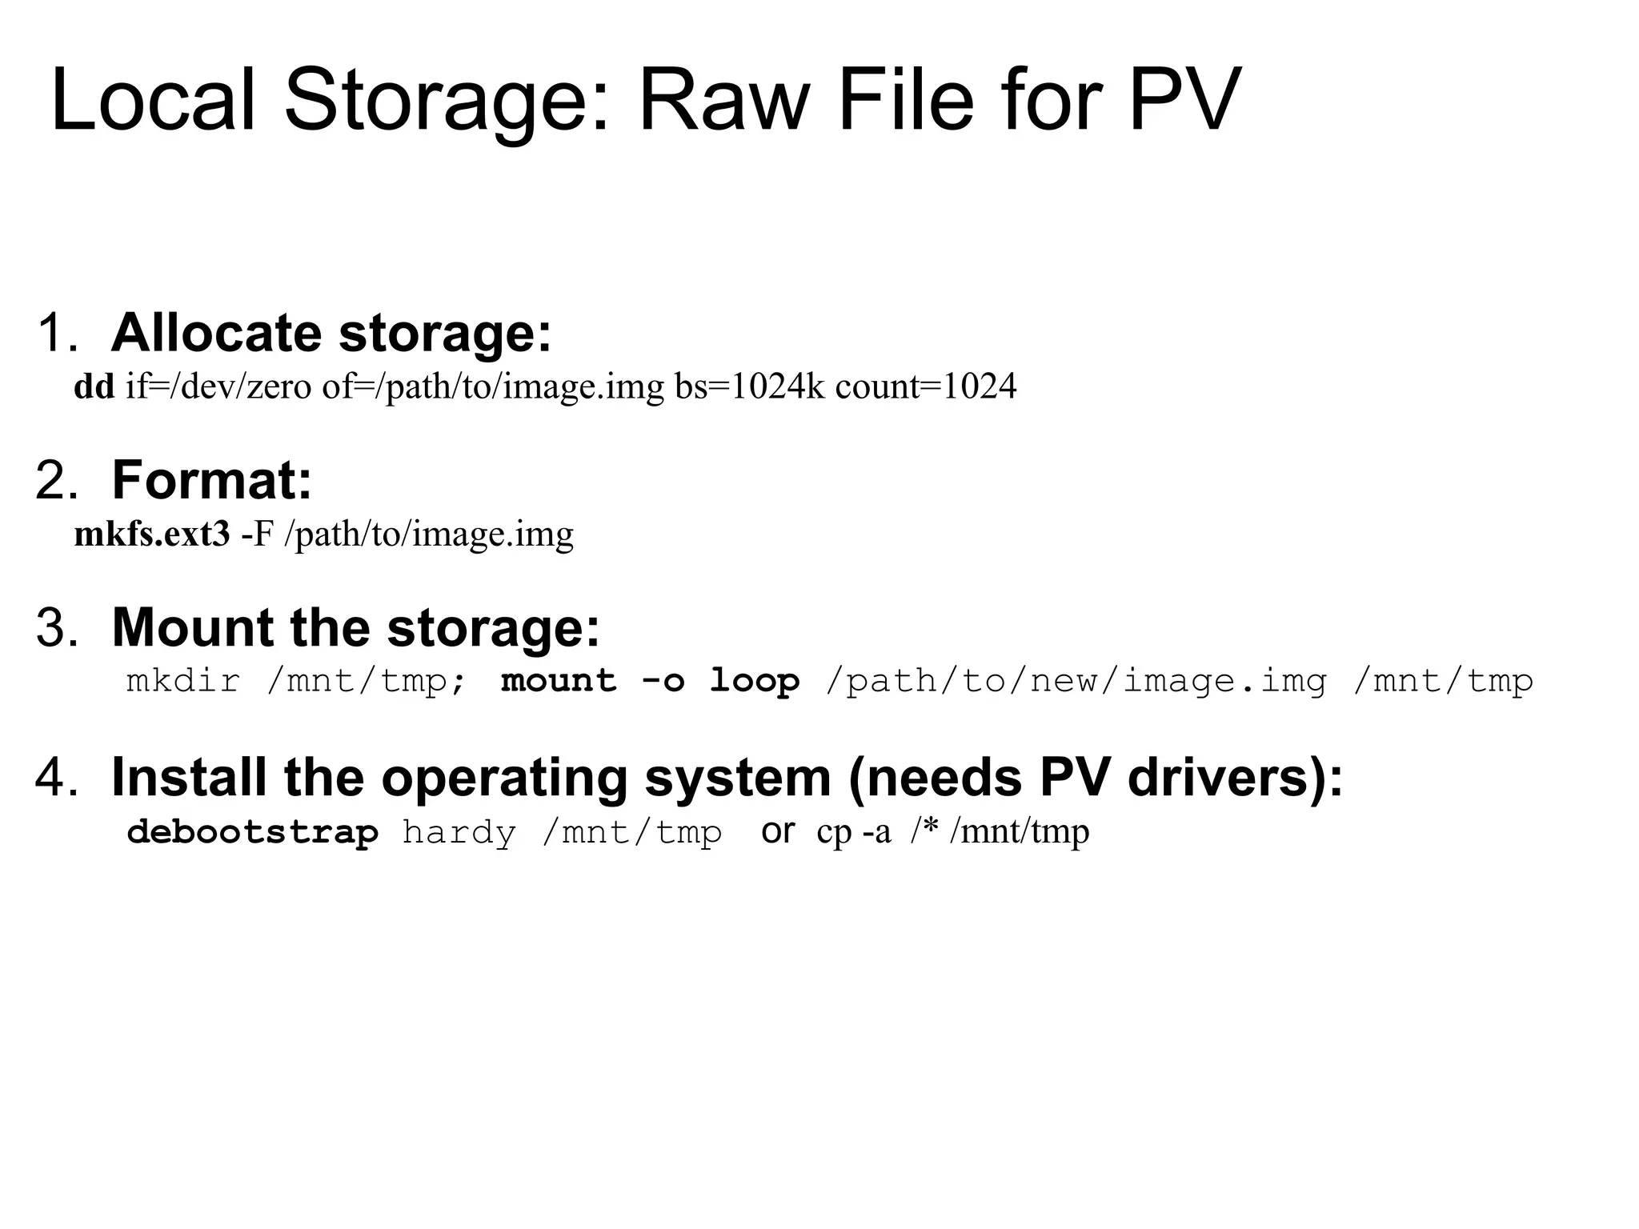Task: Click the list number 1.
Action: (x=56, y=333)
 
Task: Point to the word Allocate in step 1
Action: (x=216, y=333)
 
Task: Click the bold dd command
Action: (x=94, y=386)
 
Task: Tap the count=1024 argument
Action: (x=926, y=386)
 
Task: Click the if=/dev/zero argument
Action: (x=218, y=386)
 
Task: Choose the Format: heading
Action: (x=211, y=480)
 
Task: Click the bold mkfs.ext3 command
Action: (x=152, y=534)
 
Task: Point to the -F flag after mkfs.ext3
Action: (x=257, y=534)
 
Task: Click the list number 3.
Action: (x=56, y=627)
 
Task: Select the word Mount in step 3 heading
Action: (x=192, y=627)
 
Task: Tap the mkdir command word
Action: (x=183, y=681)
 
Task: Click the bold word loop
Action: (x=755, y=681)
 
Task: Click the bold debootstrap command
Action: (x=252, y=832)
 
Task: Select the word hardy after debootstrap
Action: (x=459, y=832)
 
